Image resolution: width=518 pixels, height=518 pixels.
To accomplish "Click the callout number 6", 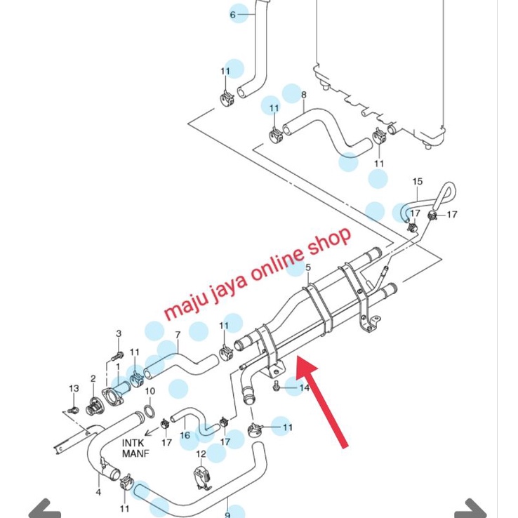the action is click(x=233, y=15).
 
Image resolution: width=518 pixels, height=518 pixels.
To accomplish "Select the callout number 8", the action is click(x=304, y=95).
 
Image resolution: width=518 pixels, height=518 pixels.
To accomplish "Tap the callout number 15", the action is click(x=417, y=181).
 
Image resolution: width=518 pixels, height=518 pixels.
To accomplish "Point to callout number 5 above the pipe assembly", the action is click(x=308, y=267).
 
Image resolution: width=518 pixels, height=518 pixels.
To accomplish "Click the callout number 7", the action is click(x=178, y=335).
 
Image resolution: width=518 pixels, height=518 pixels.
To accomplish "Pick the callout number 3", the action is click(x=119, y=333).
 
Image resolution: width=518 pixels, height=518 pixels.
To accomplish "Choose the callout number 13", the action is click(x=74, y=389).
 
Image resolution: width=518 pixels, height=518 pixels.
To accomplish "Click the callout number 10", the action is click(x=150, y=391).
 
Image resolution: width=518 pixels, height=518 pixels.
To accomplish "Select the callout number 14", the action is click(x=304, y=387).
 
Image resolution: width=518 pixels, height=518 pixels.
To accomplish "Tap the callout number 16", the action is click(x=185, y=435).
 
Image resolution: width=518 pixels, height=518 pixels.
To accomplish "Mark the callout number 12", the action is click(x=201, y=454).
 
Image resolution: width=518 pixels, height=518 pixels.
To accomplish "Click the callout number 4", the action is click(x=98, y=492).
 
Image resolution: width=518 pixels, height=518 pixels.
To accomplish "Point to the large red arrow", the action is click(x=323, y=402).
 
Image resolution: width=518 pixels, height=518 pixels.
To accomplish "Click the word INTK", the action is click(x=133, y=443).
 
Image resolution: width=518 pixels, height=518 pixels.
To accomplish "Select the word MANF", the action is click(x=135, y=453).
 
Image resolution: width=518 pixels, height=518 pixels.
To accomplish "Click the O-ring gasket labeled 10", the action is click(x=150, y=412).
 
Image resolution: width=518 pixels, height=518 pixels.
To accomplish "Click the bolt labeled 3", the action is click(x=117, y=357).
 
